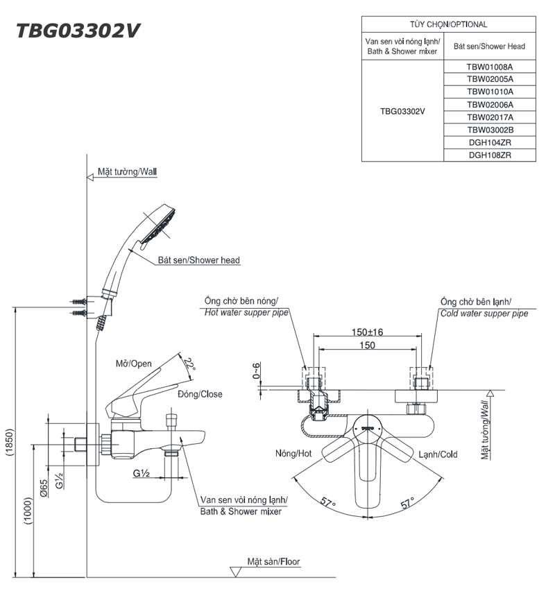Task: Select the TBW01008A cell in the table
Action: pos(489,67)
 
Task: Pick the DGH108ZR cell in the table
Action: pos(489,155)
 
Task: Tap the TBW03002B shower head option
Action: pos(489,130)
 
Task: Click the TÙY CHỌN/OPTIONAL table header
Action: pos(448,24)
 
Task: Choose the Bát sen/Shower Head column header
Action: pos(489,46)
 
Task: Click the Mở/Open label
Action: pos(133,364)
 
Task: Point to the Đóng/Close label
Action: pos(200,394)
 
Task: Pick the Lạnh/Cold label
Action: pos(438,454)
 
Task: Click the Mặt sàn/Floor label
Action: pos(274,562)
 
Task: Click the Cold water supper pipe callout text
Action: pos(484,314)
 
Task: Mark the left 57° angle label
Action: pos(327,502)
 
